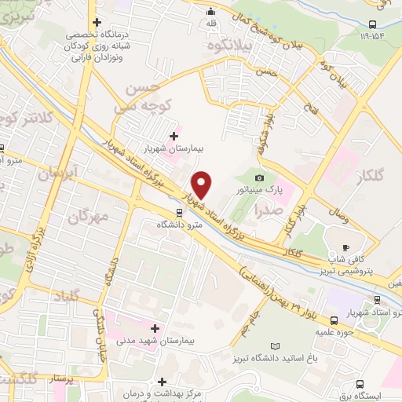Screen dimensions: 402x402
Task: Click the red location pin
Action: pyautogui.click(x=202, y=185)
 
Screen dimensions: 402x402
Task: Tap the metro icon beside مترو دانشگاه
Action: pyautogui.click(x=180, y=212)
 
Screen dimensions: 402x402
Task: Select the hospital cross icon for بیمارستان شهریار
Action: pyautogui.click(x=174, y=136)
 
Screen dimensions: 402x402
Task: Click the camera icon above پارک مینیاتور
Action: pyautogui.click(x=261, y=178)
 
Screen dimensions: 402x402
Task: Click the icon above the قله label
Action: pyautogui.click(x=210, y=12)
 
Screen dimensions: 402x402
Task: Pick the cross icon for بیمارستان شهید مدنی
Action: pyautogui.click(x=155, y=327)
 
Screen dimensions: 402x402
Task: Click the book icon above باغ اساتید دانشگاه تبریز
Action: pyautogui.click(x=274, y=346)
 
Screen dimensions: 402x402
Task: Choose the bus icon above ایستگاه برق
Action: pyautogui.click(x=360, y=385)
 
